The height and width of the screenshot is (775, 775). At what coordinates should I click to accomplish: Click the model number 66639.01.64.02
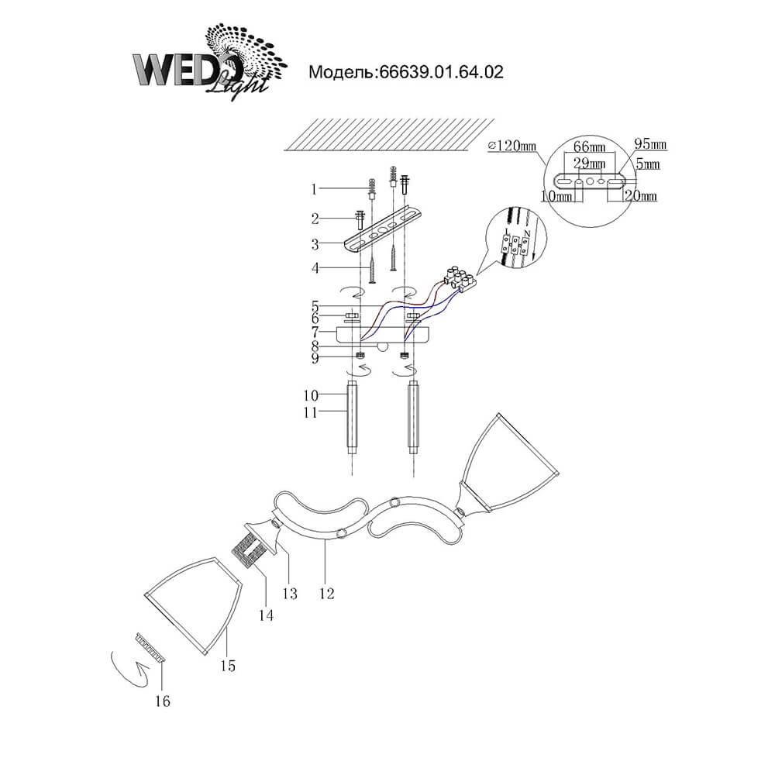click(406, 73)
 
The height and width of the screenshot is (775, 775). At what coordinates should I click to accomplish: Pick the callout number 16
click(162, 701)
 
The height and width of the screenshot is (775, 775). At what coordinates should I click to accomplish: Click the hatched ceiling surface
click(387, 132)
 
